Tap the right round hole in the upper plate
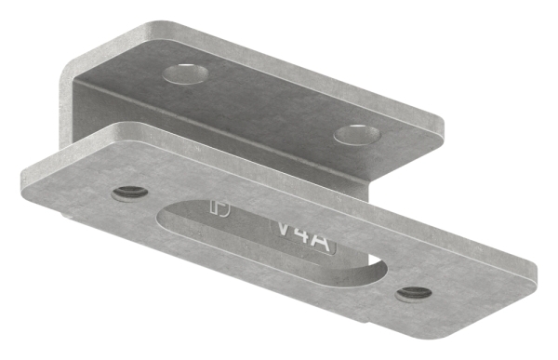click(x=360, y=135)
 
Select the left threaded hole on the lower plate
click(x=130, y=193)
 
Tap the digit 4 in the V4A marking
click(x=302, y=231)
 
